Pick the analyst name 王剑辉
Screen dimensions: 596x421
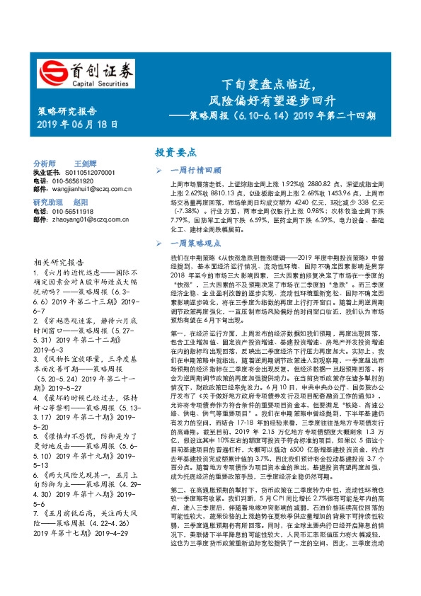click(86, 163)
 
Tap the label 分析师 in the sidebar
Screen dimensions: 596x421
click(45, 163)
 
